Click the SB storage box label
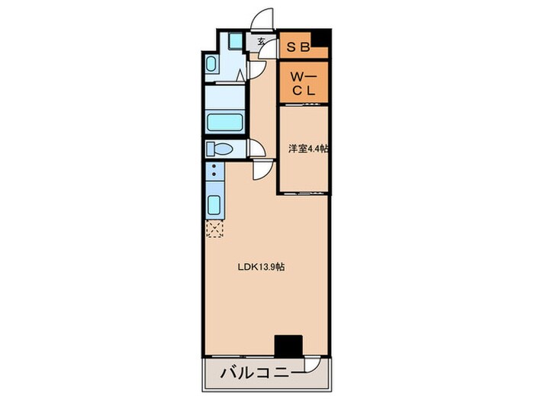pyautogui.click(x=298, y=46)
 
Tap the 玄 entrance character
pyautogui.click(x=261, y=42)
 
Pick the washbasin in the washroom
pyautogui.click(x=211, y=64)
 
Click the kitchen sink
pyautogui.click(x=214, y=206)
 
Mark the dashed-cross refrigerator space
pyautogui.click(x=214, y=229)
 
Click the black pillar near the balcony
pyautogui.click(x=288, y=345)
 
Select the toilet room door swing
pyautogui.click(x=256, y=150)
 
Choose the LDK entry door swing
pyautogui.click(x=262, y=171)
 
